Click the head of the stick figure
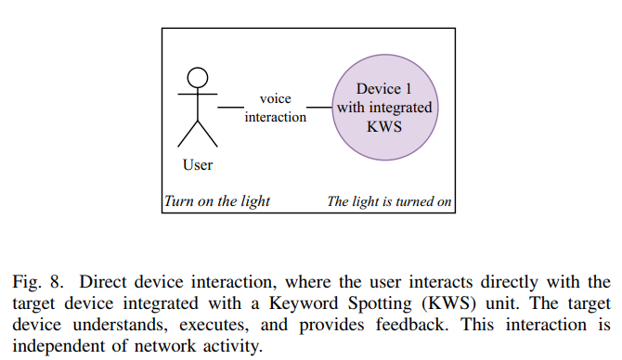pyautogui.click(x=198, y=76)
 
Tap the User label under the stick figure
pyautogui.click(x=198, y=165)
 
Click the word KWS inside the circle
pyautogui.click(x=384, y=126)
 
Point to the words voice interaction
pyautogui.click(x=275, y=108)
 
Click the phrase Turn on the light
pyautogui.click(x=217, y=201)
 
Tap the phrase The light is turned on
pyautogui.click(x=389, y=201)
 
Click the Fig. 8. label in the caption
pyautogui.click(x=34, y=281)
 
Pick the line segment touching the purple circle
pyautogui.click(x=319, y=108)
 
